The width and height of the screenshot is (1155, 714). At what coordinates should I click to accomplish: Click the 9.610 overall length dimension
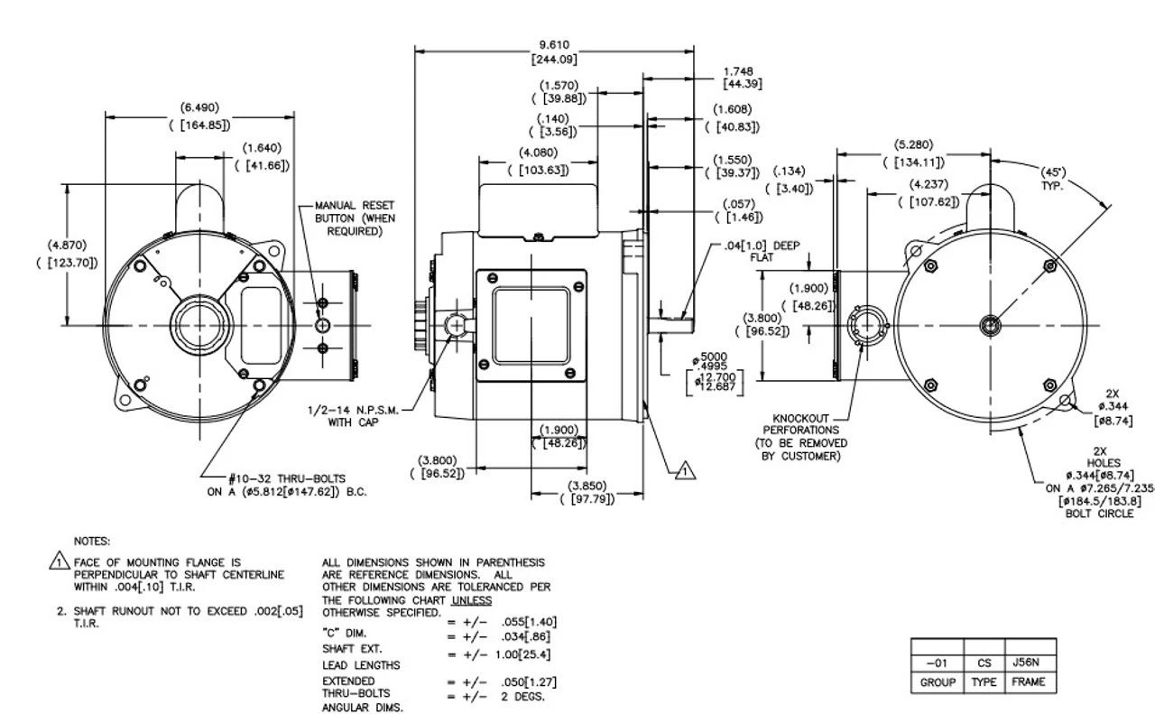[x=554, y=51]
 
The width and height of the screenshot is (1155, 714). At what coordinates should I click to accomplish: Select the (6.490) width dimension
[x=199, y=116]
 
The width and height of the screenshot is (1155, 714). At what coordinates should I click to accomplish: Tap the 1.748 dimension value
[x=737, y=77]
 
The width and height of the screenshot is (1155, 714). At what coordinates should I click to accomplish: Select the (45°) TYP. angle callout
[x=1052, y=178]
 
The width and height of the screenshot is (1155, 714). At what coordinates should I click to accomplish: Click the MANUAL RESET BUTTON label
[x=355, y=218]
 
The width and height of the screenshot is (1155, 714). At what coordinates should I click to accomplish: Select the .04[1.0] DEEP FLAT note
[x=762, y=250]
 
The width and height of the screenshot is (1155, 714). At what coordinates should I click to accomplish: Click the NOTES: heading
[x=92, y=542]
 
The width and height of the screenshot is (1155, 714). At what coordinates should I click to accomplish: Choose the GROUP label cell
[x=937, y=682]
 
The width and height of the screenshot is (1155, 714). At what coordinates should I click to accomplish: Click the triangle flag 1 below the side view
[x=683, y=468]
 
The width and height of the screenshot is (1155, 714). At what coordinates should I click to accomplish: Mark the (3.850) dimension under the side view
[x=587, y=491]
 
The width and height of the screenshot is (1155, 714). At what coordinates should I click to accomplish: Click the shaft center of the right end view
[x=990, y=325]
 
